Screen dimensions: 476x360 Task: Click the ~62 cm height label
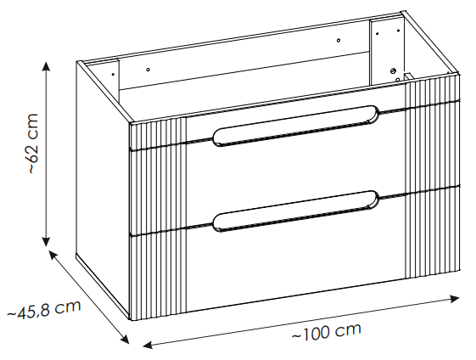[x=33, y=143]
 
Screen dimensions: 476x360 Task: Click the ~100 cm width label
[x=327, y=331]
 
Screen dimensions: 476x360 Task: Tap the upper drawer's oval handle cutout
[x=296, y=126]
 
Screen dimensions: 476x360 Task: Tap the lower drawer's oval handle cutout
[x=296, y=211]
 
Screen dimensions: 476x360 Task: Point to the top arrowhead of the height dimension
[x=46, y=65]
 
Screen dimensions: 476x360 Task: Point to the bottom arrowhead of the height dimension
[x=46, y=242]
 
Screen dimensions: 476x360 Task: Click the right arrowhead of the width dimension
[x=455, y=299]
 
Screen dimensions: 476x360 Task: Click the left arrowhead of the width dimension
[x=148, y=345]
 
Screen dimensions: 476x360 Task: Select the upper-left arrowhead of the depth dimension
[x=53, y=254]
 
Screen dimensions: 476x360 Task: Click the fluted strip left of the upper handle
[x=159, y=133]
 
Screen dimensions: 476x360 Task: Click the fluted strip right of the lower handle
[x=433, y=232]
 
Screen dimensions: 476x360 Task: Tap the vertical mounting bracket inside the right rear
[x=386, y=48]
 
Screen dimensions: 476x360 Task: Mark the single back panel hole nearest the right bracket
[x=339, y=41]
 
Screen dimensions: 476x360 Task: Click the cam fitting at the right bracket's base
[x=393, y=71]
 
